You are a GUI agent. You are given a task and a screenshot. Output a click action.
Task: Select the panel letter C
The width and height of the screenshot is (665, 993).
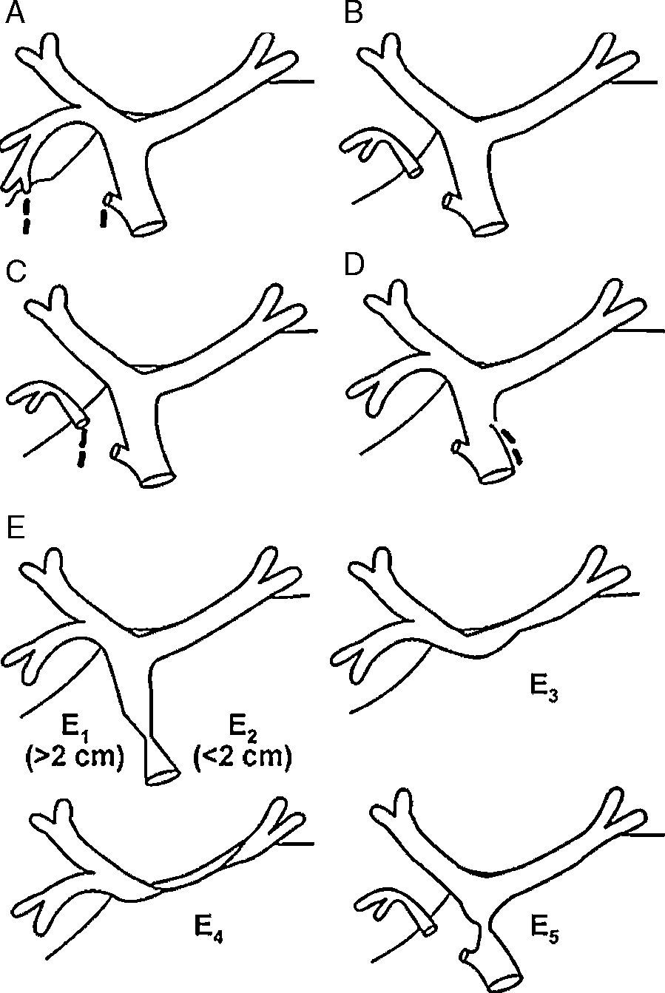tap(16, 271)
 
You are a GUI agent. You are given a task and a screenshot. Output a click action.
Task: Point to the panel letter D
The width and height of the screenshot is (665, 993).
tap(354, 264)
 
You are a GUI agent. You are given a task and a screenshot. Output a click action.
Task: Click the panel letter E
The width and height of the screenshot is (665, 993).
tap(16, 526)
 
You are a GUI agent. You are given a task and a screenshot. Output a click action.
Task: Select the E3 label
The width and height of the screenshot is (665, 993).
tap(544, 689)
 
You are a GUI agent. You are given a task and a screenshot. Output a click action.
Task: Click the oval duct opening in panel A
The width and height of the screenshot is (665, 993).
tap(149, 228)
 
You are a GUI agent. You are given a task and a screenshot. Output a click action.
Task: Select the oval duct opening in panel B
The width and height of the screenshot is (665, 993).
tap(490, 228)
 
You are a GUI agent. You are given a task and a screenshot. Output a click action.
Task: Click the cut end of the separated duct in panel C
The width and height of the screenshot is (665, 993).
tap(83, 422)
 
